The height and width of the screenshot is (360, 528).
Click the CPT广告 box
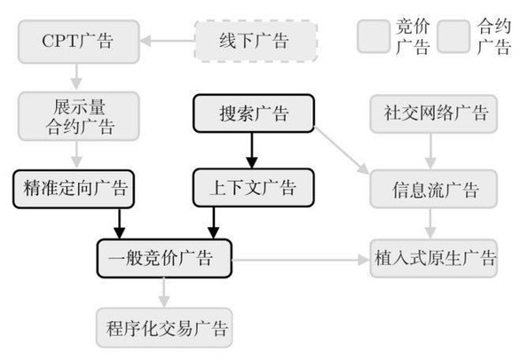click(79, 42)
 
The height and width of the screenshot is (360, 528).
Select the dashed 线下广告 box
click(256, 41)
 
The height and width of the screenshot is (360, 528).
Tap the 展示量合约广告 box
click(79, 116)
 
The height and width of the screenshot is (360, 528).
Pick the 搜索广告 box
click(254, 113)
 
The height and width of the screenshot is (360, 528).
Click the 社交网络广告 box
click(434, 113)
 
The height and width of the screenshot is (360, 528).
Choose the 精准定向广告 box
click(74, 189)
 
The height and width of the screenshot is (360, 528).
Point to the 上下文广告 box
click(254, 188)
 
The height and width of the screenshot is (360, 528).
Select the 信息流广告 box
click(434, 189)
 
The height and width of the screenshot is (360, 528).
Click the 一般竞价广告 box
click(164, 258)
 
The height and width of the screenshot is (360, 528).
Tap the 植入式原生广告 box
click(434, 258)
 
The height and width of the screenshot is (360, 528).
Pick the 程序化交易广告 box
click(164, 328)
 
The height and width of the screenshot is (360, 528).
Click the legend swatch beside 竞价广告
click(374, 36)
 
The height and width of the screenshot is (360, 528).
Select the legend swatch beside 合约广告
click(453, 36)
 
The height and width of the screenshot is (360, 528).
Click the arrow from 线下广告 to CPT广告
click(167, 41)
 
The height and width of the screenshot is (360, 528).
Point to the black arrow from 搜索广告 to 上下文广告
click(252, 151)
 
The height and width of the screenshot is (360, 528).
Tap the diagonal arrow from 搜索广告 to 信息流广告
click(343, 151)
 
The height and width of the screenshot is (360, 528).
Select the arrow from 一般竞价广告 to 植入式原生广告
click(301, 260)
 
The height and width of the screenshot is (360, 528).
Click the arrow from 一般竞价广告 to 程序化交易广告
click(164, 293)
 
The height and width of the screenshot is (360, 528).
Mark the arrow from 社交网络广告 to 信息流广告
click(430, 152)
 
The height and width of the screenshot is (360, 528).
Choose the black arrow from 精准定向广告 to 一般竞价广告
click(119, 223)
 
